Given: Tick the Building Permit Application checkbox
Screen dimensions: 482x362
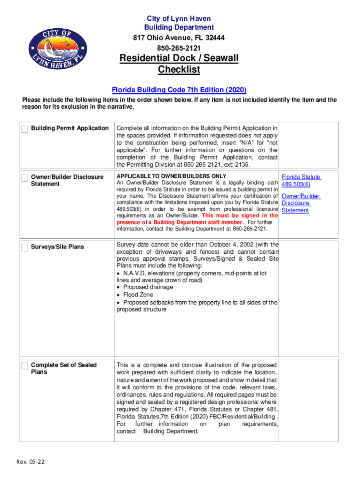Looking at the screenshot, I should [24, 129].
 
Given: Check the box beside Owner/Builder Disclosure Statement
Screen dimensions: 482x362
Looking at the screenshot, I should [24, 178].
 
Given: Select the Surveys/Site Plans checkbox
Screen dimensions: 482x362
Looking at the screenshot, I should [24, 248].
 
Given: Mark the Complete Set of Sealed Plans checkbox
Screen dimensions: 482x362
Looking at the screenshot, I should [24, 366].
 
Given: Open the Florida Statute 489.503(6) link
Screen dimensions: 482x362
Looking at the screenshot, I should [301, 181].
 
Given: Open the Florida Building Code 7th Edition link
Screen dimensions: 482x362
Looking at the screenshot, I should [179, 89].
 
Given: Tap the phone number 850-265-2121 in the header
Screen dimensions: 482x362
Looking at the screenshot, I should [179, 48].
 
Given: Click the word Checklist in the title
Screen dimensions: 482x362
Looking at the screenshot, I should [179, 70].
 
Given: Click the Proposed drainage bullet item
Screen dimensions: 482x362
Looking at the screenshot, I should [148, 287].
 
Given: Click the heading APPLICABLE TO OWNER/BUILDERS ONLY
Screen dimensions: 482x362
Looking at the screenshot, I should [172, 176].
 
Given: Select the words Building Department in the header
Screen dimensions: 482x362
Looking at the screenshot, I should [179, 27].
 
